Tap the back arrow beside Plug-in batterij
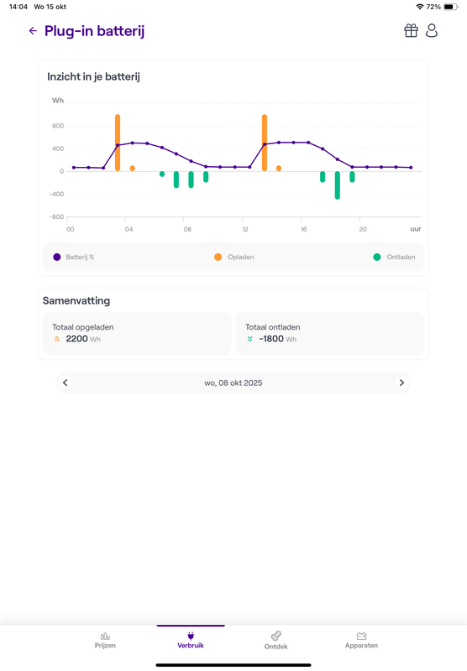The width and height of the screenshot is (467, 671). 33,31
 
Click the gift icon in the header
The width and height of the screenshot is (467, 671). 411,31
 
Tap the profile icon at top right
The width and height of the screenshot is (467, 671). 432,31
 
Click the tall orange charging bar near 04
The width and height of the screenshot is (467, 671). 118,143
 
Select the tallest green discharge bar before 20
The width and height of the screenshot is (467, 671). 338,185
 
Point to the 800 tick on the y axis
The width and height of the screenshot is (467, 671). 58,126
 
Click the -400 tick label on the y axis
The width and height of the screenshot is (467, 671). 55,194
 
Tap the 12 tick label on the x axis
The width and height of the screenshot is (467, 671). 244,228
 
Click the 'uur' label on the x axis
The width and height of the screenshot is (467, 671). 415,228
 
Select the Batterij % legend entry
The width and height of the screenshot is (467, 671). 74,257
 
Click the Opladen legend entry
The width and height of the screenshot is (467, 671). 234,257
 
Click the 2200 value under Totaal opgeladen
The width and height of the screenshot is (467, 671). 76,339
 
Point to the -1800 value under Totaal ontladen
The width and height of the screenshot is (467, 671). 270,339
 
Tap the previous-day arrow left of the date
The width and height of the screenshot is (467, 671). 66,382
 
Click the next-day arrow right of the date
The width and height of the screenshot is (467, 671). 401,382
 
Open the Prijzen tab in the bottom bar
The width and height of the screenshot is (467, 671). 105,640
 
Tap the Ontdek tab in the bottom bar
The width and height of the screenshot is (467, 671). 275,640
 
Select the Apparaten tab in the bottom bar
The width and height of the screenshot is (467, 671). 361,640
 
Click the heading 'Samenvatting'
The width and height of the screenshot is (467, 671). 76,300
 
